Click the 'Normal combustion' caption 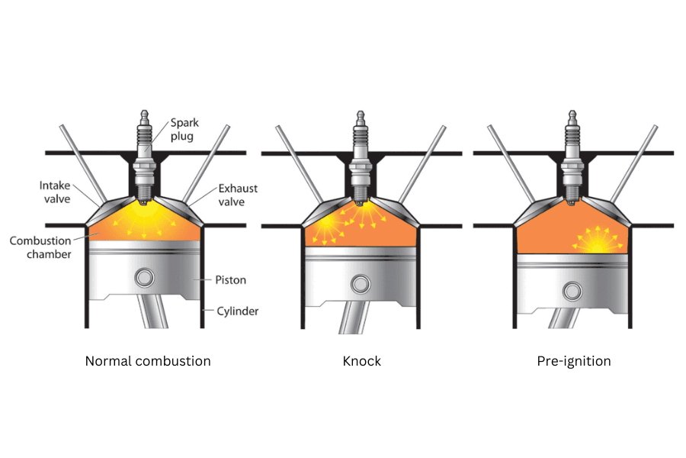pos(148,361)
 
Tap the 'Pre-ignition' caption pos(574,361)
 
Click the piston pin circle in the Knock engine pos(361,283)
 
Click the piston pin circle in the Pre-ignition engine pos(573,290)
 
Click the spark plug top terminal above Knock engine pos(361,118)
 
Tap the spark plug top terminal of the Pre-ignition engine pos(573,118)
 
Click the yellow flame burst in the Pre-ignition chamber pos(597,240)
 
